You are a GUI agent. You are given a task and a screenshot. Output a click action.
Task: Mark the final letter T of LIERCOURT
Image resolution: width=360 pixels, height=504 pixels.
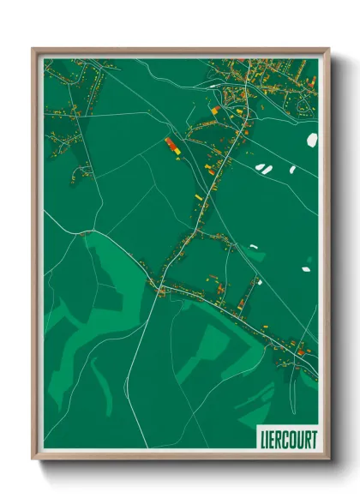pyautogui.click(x=313, y=440)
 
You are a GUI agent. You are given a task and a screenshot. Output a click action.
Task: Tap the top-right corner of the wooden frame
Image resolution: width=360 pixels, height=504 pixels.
pyautogui.click(x=328, y=49)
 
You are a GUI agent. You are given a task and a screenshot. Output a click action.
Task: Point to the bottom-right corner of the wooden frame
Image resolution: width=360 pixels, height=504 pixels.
pyautogui.click(x=328, y=460)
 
